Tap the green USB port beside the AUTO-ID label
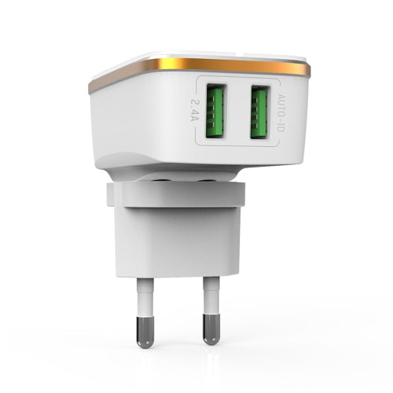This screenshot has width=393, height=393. (260, 112)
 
